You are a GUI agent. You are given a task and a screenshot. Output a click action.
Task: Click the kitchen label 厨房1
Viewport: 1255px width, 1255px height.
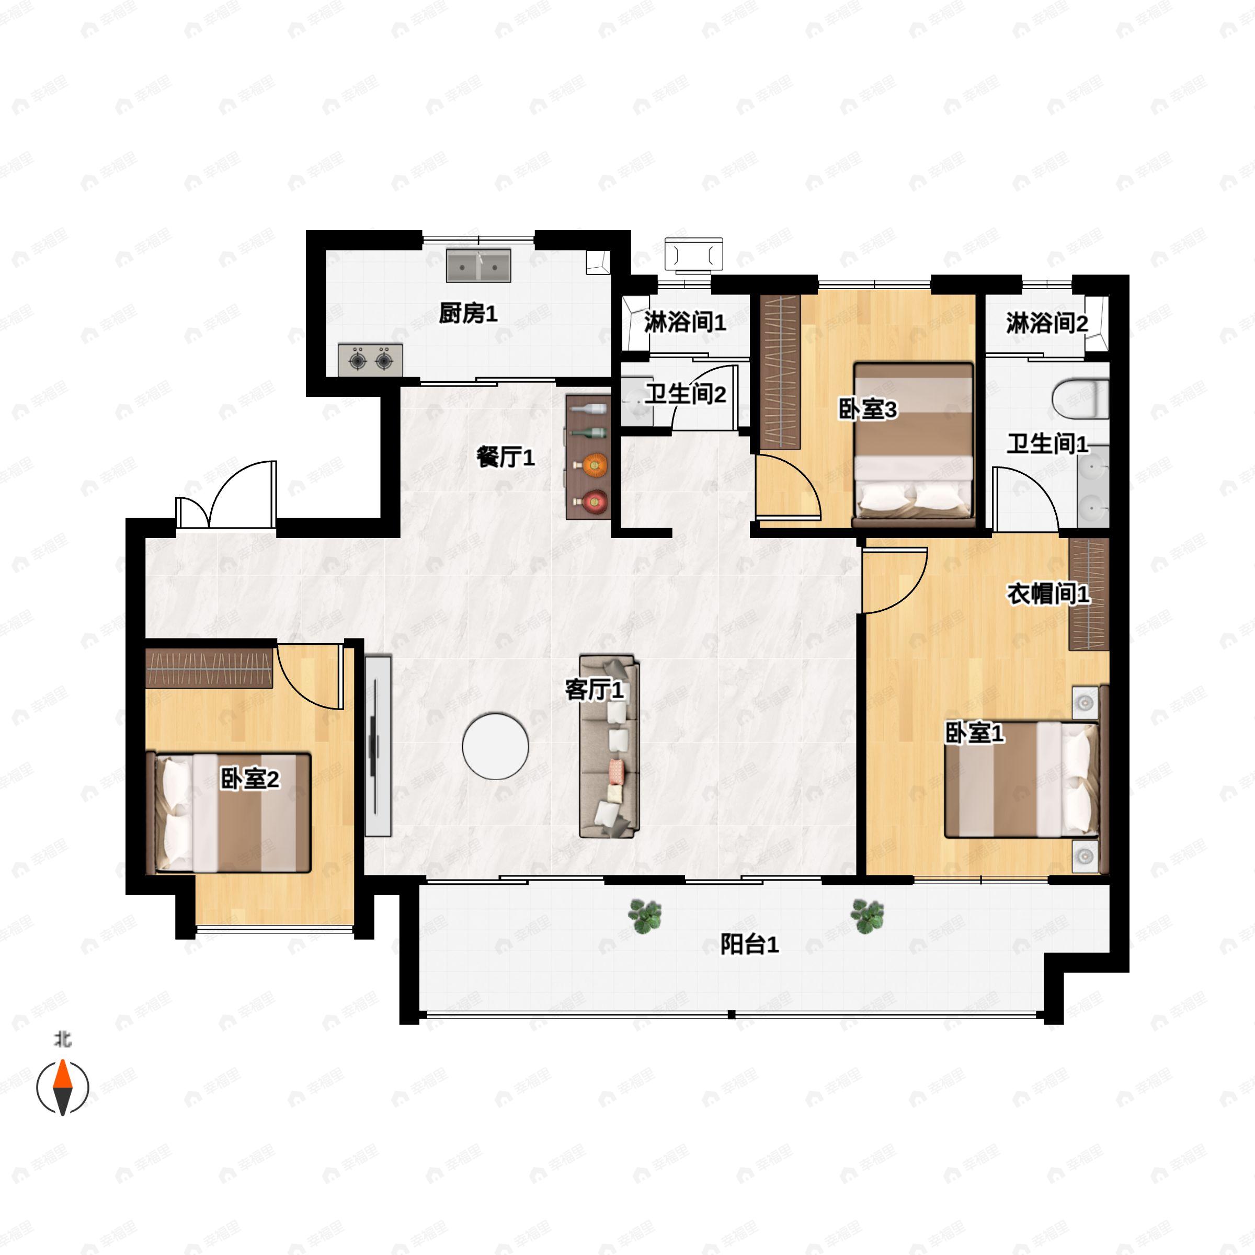tap(467, 314)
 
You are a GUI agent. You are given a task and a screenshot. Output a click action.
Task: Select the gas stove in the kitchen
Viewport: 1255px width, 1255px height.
tap(370, 360)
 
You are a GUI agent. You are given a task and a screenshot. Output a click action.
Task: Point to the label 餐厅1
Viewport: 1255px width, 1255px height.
tap(505, 458)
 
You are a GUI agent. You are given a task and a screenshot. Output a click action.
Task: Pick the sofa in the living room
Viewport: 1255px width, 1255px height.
tap(609, 746)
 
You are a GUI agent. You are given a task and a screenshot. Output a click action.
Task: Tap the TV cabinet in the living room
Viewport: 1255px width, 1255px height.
tap(378, 746)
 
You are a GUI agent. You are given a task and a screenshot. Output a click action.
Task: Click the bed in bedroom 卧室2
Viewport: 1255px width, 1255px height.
tap(229, 813)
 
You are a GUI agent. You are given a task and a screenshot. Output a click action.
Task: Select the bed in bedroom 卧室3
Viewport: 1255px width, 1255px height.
tap(914, 445)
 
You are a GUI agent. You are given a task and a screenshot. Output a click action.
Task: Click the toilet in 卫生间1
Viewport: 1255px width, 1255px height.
tap(1080, 398)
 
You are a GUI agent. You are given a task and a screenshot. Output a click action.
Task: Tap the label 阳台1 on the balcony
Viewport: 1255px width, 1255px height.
tap(750, 944)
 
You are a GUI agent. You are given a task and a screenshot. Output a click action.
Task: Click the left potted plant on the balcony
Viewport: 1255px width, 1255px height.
tap(645, 917)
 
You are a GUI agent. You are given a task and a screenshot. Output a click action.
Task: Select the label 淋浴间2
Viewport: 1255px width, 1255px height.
tap(1047, 323)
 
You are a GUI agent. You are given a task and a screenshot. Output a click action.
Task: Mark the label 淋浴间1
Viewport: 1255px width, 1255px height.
tap(686, 322)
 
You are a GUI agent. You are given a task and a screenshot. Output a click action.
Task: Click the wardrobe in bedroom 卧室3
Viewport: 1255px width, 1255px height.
tap(780, 372)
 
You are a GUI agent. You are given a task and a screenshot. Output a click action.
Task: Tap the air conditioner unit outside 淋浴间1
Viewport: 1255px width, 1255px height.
tap(694, 253)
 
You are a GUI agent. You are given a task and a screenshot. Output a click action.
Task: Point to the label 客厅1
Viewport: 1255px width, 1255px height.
tap(595, 690)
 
